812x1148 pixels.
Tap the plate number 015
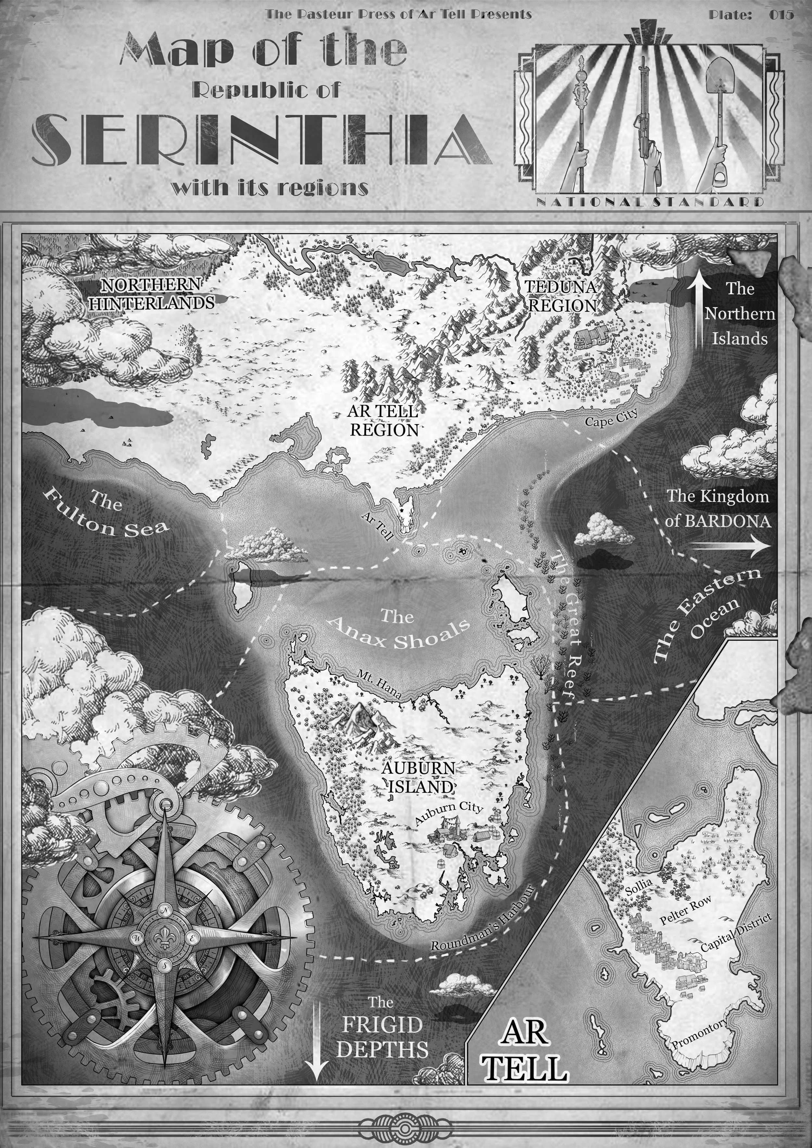tap(781, 15)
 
